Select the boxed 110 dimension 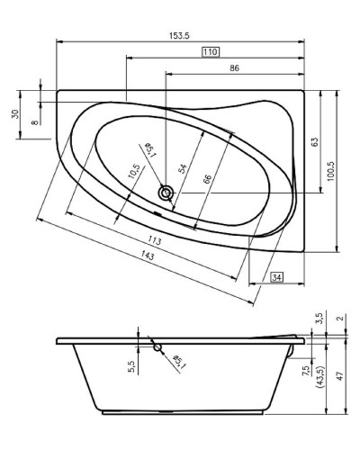pos(210,52)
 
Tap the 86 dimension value pos(234,68)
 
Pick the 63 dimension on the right pos(315,141)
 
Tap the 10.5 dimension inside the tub pos(134,172)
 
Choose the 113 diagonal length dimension pos(154,240)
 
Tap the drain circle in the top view pos(166,193)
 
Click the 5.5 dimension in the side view pos(131,366)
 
